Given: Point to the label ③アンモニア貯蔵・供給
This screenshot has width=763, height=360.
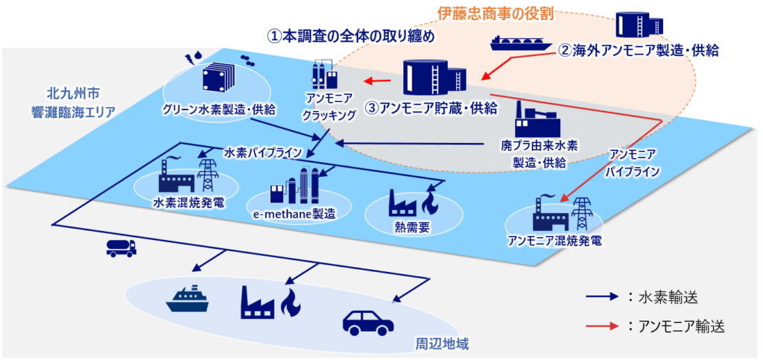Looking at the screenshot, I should pos(431,107).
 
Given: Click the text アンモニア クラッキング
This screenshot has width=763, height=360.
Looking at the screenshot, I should pos(324,107).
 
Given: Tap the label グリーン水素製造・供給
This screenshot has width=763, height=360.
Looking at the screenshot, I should pos(219,110).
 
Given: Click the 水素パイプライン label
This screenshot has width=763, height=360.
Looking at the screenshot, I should pos(262,153).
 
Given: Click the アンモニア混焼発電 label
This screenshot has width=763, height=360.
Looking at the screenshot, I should pos(554,241).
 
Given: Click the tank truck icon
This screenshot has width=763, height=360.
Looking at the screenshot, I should pos(121,248).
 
